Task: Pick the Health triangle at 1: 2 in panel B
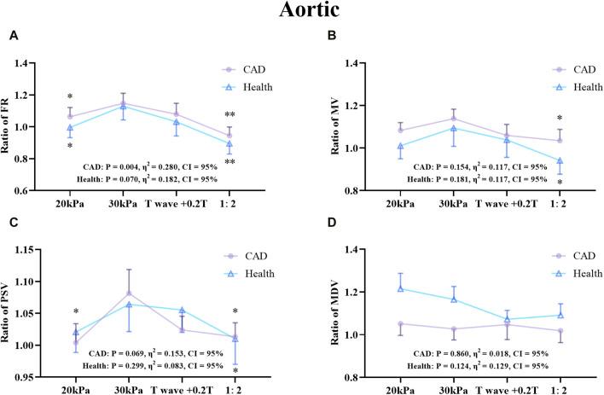tap(559, 160)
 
